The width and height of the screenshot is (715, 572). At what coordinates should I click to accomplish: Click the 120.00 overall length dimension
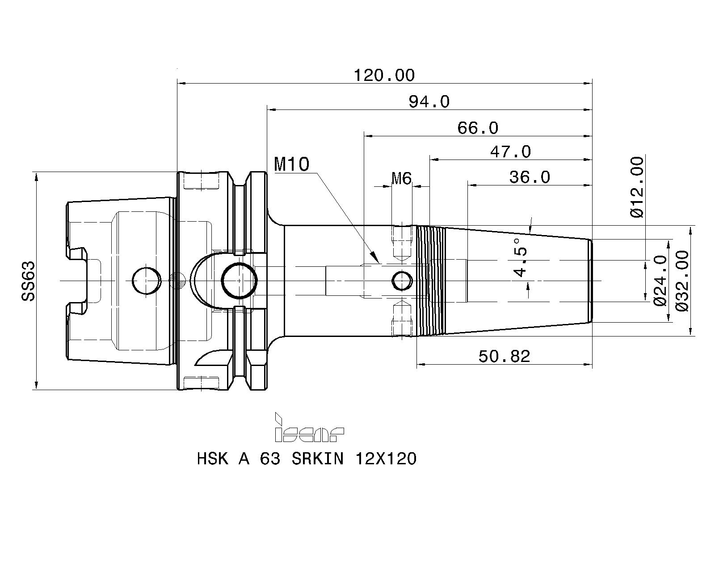tap(384, 75)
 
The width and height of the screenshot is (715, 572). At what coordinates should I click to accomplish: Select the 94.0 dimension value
tap(429, 102)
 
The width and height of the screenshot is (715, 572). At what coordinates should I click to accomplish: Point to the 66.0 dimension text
tap(478, 128)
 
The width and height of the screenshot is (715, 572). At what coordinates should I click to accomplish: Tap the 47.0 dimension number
tap(511, 152)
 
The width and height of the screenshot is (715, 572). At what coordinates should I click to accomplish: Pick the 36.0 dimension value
tap(530, 177)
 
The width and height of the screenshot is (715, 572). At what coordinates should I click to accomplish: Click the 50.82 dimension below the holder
tap(504, 357)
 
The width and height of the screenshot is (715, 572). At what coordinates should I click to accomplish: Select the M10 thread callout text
tap(292, 164)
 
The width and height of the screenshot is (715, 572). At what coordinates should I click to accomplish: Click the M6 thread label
tap(402, 178)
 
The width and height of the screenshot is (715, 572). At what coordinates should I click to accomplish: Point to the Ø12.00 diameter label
tap(637, 187)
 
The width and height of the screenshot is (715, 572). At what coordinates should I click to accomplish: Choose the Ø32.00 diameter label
tap(682, 281)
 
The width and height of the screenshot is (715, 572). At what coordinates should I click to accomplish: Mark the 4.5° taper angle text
tap(520, 257)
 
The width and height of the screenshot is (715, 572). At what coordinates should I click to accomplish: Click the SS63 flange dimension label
tap(28, 281)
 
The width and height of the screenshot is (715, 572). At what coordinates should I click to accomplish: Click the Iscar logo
tap(309, 428)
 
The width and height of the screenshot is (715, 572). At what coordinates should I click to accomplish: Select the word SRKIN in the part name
tap(318, 459)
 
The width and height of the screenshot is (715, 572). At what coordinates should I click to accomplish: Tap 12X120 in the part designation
tap(386, 459)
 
